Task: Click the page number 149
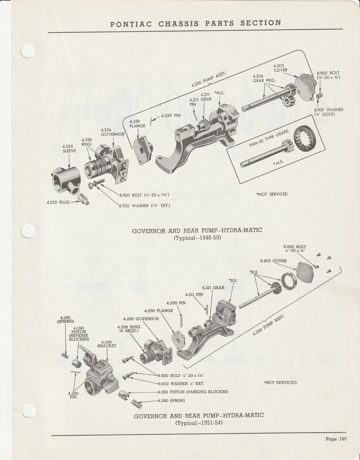click(342, 439)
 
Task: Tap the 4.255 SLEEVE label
click(69, 149)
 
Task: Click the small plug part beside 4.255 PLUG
click(84, 199)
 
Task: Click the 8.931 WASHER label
click(329, 112)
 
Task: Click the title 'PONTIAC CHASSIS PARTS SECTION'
click(196, 23)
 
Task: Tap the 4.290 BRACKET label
click(107, 344)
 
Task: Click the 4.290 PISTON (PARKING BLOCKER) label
click(193, 392)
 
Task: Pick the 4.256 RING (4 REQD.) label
click(129, 329)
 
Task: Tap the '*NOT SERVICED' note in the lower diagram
click(280, 382)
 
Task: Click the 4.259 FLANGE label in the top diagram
click(137, 124)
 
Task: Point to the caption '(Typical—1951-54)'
click(199, 423)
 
